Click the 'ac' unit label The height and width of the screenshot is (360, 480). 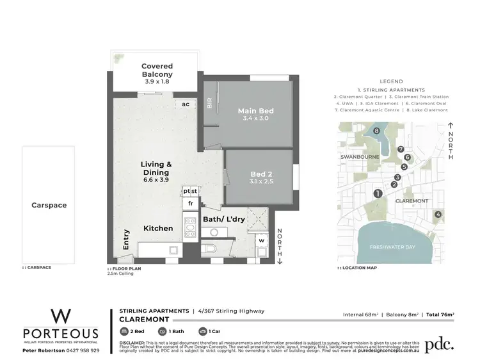pyautogui.click(x=186, y=104)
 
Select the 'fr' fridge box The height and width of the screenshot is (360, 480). pyautogui.click(x=190, y=204)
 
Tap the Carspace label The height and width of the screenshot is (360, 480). pyautogui.click(x=49, y=206)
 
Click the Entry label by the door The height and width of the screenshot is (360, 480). pyautogui.click(x=127, y=240)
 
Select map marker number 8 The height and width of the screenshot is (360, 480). pyautogui.click(x=377, y=131)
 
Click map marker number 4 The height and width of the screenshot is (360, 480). pyautogui.click(x=438, y=214)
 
